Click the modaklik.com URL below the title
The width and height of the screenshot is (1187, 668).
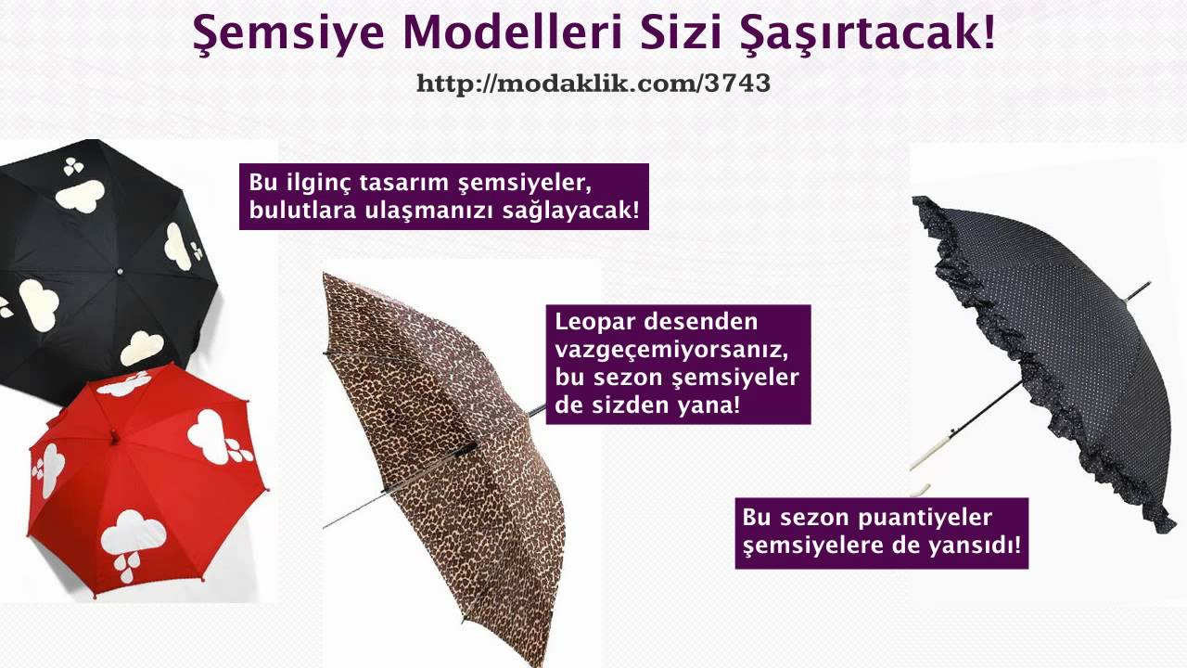tap(593, 83)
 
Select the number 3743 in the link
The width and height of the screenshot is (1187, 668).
tap(737, 83)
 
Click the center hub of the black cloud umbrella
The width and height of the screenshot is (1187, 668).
tap(119, 270)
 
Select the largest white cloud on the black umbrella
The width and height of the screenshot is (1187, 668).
tap(79, 195)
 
